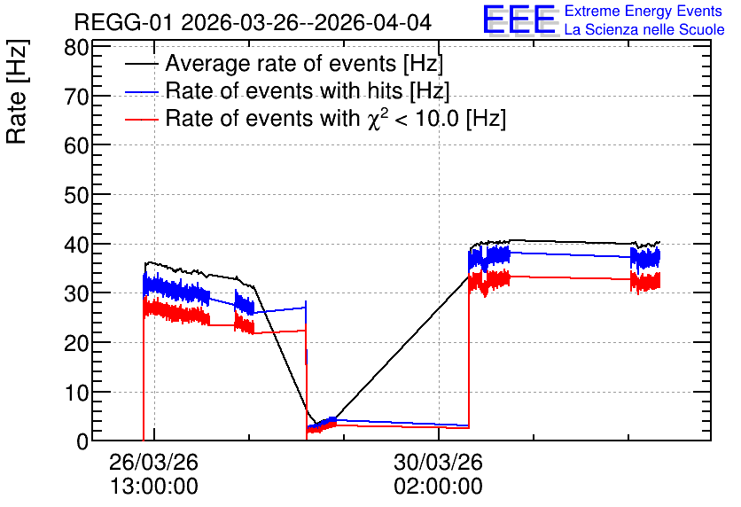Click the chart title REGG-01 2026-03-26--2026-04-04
253,22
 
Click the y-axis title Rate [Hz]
17,91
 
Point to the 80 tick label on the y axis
76,47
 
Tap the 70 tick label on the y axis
76,97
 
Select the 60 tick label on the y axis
76,145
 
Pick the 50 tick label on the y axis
76,195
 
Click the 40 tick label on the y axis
76,245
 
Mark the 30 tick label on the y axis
76,293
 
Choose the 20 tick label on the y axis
76,342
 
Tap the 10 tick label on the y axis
76,392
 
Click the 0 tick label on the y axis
82,441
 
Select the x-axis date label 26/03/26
153,462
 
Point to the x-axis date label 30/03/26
438,462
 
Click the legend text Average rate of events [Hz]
304,63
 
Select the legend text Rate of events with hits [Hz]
308,90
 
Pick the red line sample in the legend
142,120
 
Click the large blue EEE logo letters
519,19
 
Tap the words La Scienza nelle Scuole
644,30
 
